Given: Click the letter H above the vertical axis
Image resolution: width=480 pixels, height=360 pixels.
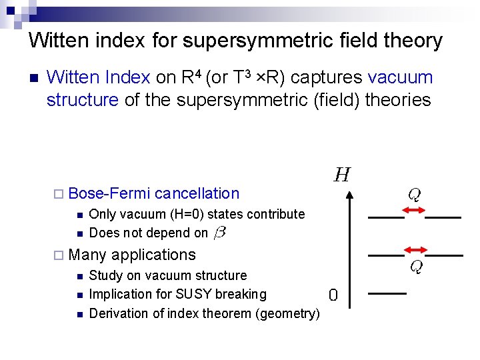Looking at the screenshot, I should (342, 175).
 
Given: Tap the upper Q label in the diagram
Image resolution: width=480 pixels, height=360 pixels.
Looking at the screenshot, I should (414, 195).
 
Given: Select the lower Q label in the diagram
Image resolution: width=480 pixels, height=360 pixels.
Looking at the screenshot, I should (415, 267).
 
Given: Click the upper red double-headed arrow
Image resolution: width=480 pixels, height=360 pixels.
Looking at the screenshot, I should (415, 211).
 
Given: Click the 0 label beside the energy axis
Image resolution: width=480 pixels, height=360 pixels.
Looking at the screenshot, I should (333, 295).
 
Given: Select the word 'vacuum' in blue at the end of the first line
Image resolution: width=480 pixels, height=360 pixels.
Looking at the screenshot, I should (400, 77).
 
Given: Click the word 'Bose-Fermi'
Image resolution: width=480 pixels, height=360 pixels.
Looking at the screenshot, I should (109, 194).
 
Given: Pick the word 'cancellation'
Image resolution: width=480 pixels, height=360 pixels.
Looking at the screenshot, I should (197, 194).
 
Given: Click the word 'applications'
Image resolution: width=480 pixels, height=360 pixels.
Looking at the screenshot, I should (154, 255).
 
